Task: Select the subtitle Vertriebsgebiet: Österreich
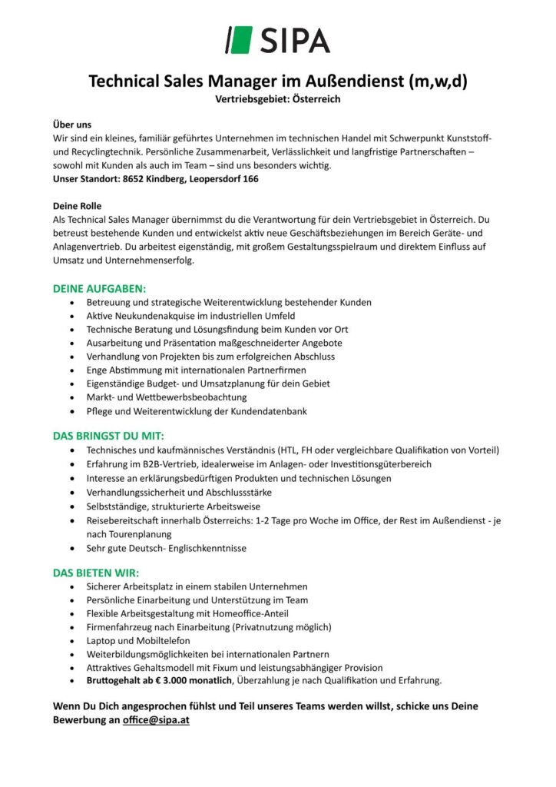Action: coord(277,99)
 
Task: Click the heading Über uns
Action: coord(71,124)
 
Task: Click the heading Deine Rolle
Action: coord(77,207)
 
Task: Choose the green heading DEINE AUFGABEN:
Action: coord(99,288)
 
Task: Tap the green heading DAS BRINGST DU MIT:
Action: coord(108,436)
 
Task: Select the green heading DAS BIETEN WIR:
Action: coord(96,573)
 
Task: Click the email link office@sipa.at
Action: coord(156,720)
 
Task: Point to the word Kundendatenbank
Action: coord(266,411)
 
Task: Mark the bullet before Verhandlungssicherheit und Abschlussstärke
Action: coord(72,492)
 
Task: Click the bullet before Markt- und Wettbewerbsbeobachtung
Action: coord(72,397)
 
